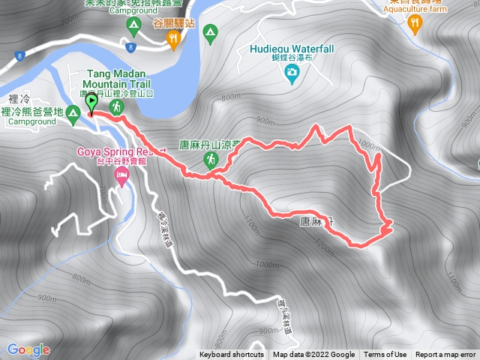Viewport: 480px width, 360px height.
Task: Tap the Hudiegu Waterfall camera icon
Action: coord(291,72)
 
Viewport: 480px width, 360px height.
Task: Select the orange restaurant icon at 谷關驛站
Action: coord(175,37)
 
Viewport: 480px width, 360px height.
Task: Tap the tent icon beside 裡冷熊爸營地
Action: coord(73,115)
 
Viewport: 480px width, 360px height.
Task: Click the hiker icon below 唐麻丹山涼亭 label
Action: coord(211,159)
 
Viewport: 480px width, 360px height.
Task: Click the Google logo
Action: coord(28,349)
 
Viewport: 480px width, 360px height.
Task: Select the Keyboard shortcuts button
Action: coord(232,355)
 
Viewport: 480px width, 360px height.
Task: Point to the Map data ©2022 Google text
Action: coord(313,355)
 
